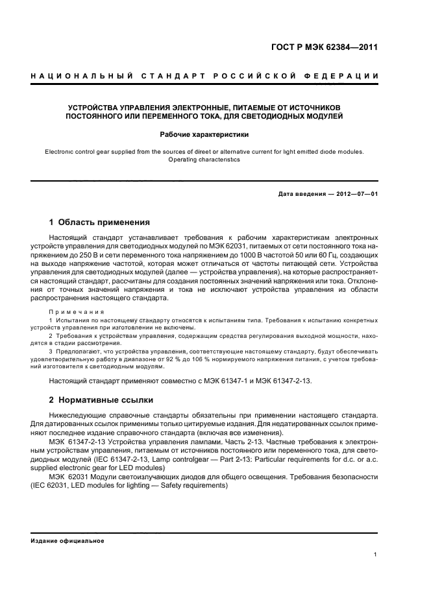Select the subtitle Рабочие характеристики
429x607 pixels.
tap(204, 135)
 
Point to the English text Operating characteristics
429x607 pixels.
tap(204, 160)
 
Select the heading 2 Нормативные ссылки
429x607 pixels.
tap(101, 400)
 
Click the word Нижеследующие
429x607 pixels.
tap(78, 414)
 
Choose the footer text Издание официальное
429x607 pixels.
tap(67, 541)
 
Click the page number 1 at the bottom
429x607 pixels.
tap(376, 554)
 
